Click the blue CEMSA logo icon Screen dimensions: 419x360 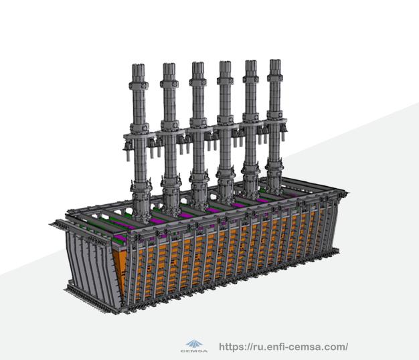pos(195,344)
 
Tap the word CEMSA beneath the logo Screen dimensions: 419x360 pos(194,351)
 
